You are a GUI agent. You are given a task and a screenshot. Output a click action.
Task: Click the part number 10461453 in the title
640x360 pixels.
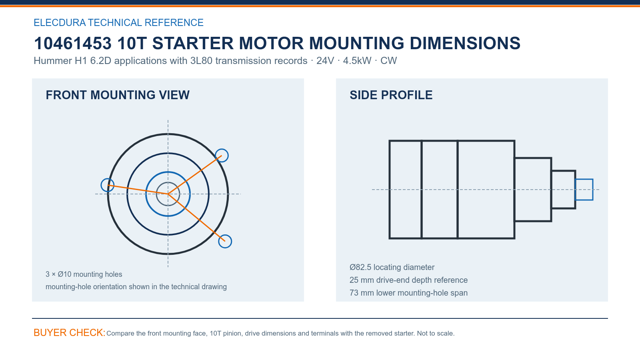point(72,43)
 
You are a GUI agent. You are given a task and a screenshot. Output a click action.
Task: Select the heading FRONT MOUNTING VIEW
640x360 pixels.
point(118,95)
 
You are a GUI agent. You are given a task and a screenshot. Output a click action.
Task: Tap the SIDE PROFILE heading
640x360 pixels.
point(391,95)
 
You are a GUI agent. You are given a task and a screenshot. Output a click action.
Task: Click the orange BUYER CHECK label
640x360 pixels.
point(70,332)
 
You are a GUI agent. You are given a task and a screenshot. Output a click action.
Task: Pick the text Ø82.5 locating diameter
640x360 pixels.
point(392,267)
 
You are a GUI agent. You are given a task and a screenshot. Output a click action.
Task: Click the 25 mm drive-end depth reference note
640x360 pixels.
point(408,280)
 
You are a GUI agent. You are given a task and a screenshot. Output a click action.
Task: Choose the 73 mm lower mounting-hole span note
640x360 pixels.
point(408,293)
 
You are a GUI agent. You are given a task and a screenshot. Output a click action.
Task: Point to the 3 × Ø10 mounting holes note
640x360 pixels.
point(84,274)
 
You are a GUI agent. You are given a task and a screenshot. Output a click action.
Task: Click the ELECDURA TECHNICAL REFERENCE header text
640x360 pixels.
point(118,22)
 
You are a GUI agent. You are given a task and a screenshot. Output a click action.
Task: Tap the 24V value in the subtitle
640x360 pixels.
point(325,60)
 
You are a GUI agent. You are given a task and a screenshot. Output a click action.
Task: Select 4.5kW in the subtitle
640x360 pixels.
point(357,60)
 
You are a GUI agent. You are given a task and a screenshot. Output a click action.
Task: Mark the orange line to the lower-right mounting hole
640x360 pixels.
point(196,218)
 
